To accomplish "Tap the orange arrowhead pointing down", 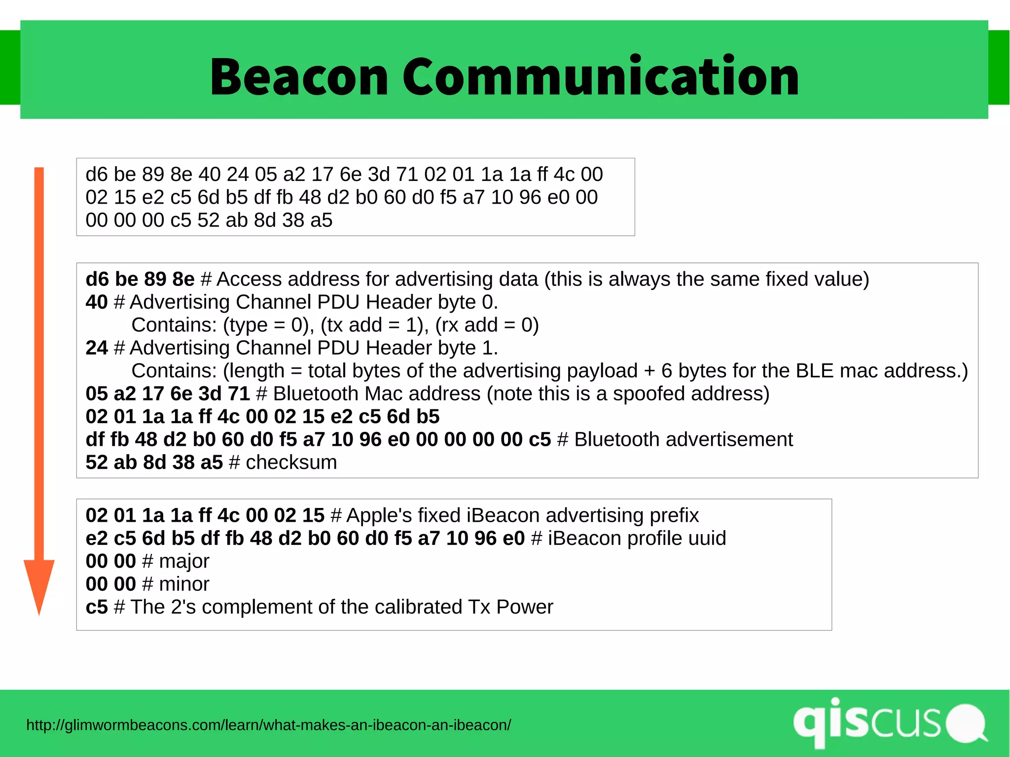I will (x=39, y=584).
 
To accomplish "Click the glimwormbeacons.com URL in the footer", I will (x=268, y=725).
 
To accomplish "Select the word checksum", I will (x=291, y=463).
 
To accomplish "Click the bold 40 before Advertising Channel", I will (x=96, y=302).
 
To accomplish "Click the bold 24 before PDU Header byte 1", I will (x=96, y=348).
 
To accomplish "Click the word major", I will (x=184, y=561).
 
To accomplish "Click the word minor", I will (x=184, y=584).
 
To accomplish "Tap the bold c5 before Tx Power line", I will (x=96, y=607).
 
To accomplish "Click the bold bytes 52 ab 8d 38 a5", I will (x=154, y=463).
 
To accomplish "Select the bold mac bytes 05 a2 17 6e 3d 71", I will (x=168, y=394).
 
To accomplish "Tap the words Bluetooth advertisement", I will (x=683, y=440).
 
